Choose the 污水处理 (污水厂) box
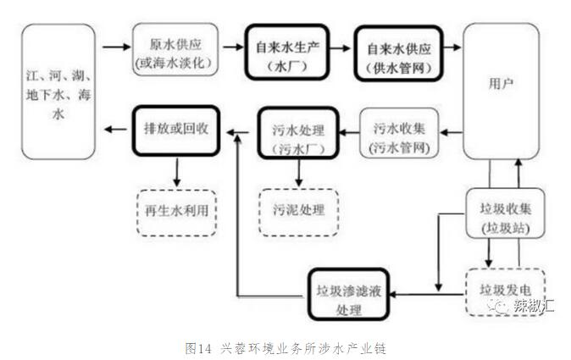click(298, 132)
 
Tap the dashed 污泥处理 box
click(298, 206)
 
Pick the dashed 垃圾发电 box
click(501, 286)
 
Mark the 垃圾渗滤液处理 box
click(348, 292)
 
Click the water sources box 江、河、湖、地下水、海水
click(58, 91)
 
